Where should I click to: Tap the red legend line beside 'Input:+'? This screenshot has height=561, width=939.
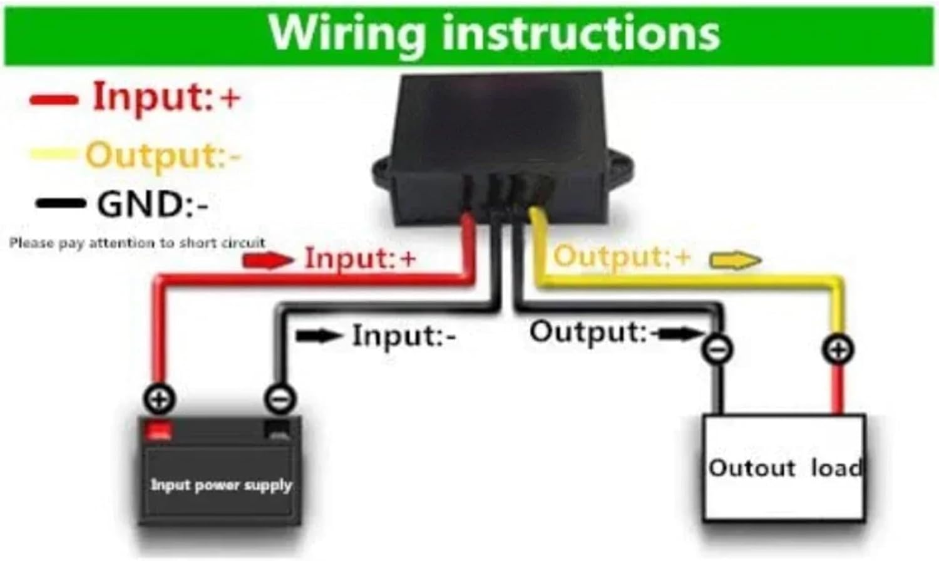tap(54, 100)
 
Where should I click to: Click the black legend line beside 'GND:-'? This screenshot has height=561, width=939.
tap(60, 203)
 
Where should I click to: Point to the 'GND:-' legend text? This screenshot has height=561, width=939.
tap(152, 204)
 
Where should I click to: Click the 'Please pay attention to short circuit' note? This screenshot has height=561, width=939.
tap(137, 242)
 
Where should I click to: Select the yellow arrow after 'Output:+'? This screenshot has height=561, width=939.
tap(735, 259)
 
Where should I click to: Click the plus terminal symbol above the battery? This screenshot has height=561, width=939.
tap(160, 399)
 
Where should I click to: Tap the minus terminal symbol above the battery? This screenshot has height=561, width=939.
tap(280, 399)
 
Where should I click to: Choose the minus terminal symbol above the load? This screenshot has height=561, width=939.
tap(717, 349)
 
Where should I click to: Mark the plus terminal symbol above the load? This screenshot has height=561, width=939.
tap(838, 349)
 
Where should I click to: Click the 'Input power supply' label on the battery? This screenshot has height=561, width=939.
tap(221, 485)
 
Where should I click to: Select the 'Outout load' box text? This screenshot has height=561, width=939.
tap(784, 468)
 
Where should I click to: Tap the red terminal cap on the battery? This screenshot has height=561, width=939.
tap(158, 430)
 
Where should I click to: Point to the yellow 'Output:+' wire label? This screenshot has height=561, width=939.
tap(622, 257)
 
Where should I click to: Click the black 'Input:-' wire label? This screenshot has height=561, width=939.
tap(404, 336)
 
